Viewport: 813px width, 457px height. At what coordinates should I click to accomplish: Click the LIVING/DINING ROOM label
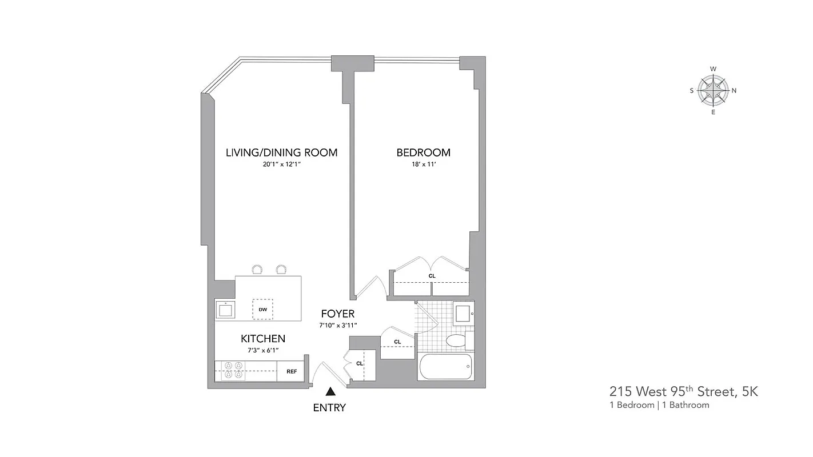[281, 153]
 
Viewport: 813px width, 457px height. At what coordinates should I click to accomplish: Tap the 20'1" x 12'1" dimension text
[281, 165]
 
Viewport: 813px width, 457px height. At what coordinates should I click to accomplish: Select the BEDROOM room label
[423, 153]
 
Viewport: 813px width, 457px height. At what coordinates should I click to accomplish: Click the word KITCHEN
[263, 339]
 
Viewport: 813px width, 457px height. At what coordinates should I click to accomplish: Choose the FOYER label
[337, 314]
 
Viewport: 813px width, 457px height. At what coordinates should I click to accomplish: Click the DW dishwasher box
[263, 309]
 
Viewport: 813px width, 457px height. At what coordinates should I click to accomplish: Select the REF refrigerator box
[292, 371]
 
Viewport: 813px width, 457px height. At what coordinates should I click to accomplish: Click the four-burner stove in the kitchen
[233, 371]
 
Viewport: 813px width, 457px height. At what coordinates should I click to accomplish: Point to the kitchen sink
[226, 310]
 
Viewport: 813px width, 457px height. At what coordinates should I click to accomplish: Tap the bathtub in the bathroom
[445, 367]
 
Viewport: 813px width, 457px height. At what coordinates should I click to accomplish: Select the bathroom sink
[462, 312]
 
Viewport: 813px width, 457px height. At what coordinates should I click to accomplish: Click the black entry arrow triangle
[330, 392]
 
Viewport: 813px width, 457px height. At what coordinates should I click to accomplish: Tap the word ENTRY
[329, 408]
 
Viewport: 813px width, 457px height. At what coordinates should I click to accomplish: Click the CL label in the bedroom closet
[432, 276]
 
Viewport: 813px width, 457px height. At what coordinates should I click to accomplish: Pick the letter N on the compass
[735, 90]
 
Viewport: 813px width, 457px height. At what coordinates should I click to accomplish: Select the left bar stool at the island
[257, 270]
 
